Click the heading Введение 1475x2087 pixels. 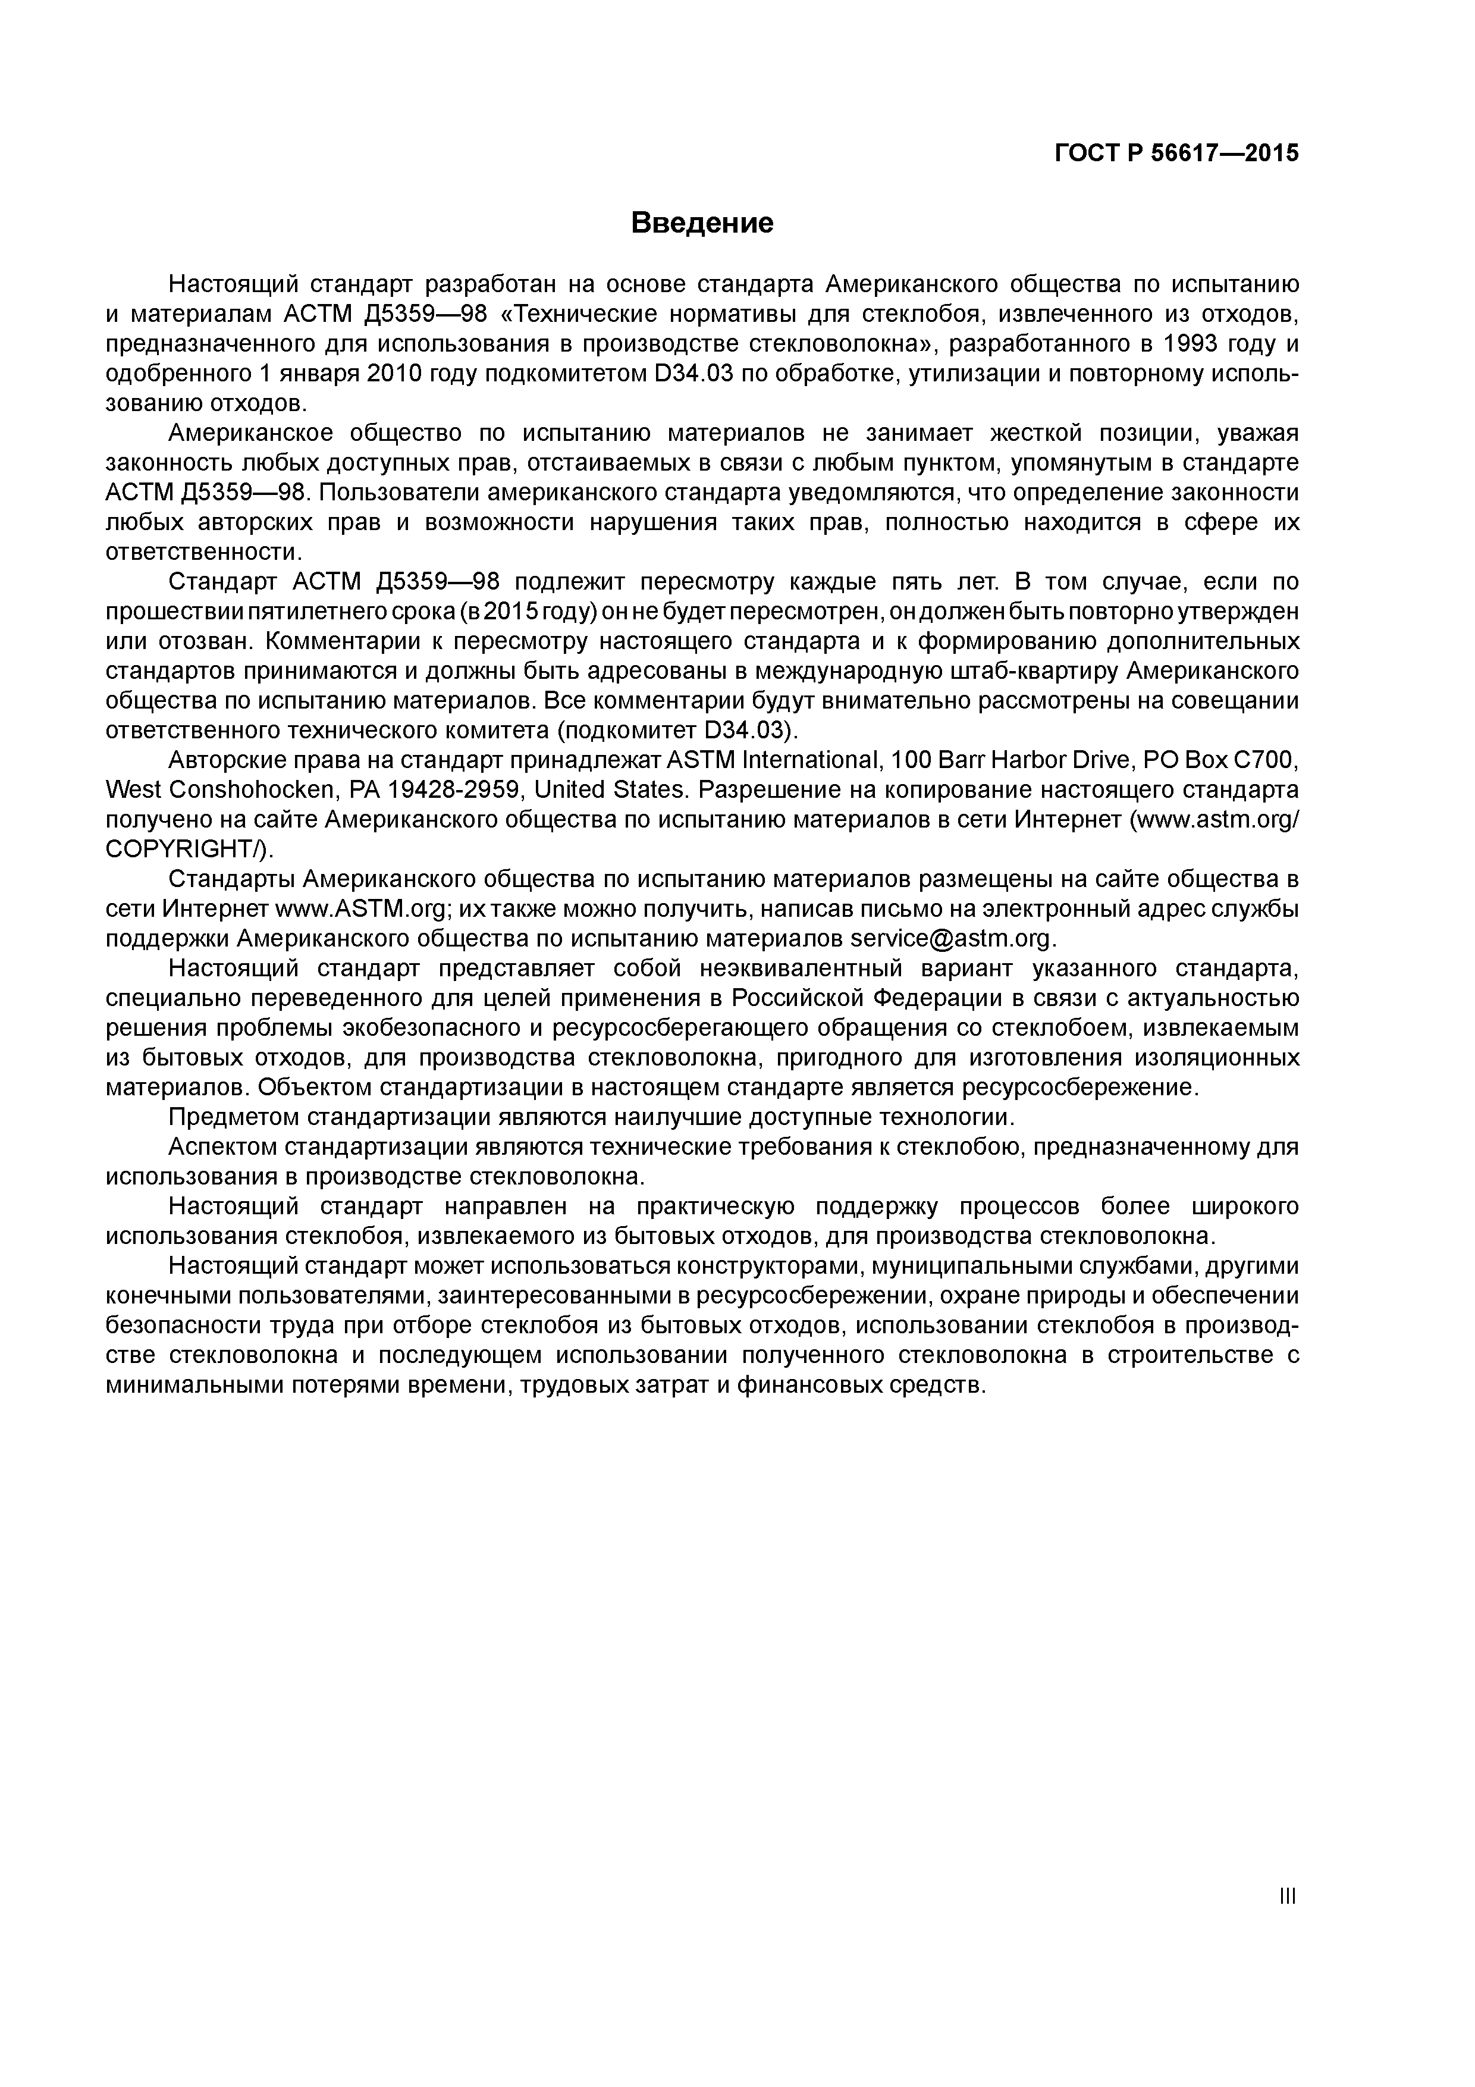pos(702,223)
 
